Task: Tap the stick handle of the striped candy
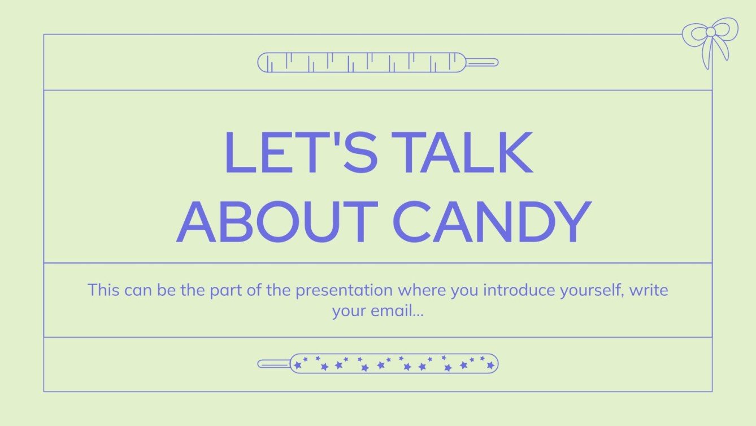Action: click(x=481, y=62)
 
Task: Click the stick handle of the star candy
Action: click(x=274, y=364)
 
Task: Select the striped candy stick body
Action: click(x=362, y=62)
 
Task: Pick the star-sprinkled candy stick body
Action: click(x=394, y=364)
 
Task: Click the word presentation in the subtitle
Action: click(x=344, y=291)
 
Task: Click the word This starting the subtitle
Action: click(x=103, y=291)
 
